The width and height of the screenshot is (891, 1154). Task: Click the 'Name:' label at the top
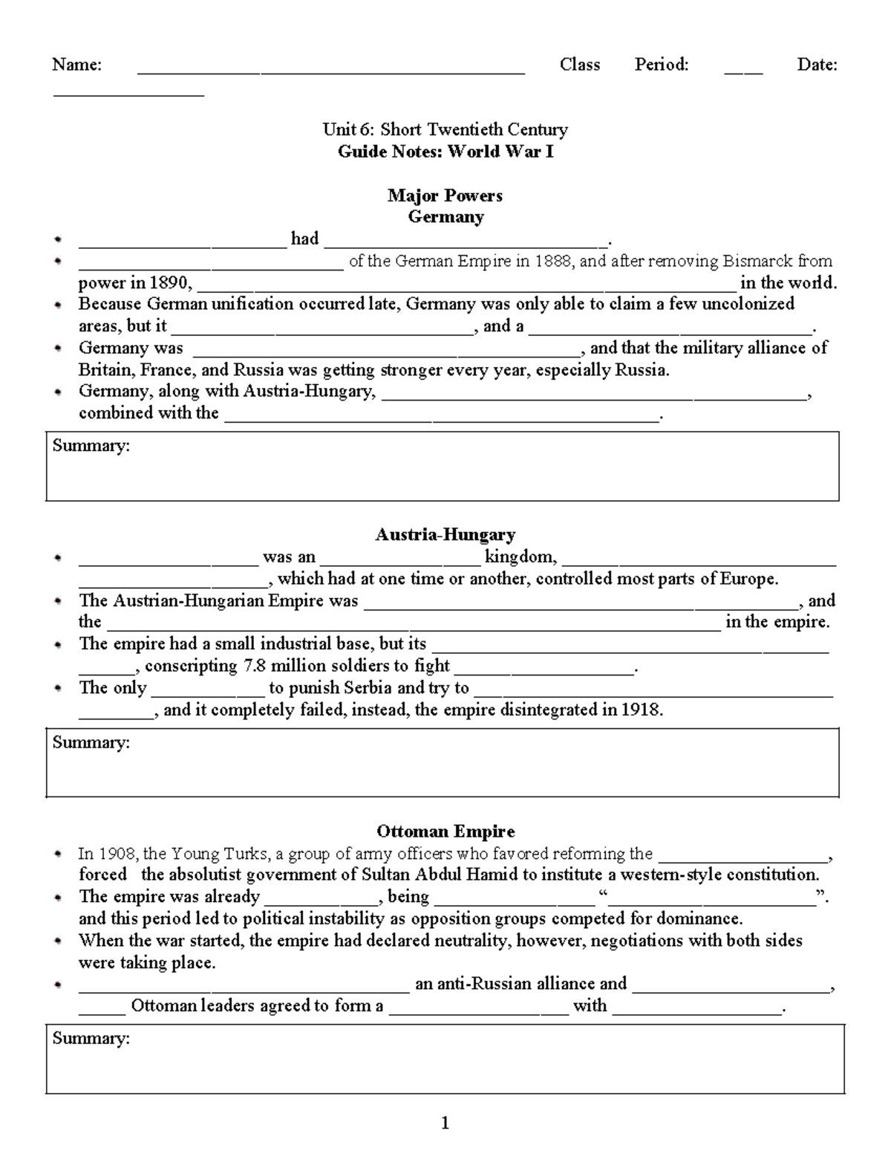76,65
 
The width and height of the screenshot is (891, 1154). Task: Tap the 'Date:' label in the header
817,65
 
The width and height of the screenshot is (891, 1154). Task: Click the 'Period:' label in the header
662,65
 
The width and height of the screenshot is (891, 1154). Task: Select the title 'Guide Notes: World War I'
446,152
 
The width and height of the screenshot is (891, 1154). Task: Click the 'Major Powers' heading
445,195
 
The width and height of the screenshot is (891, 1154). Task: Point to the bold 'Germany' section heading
446,217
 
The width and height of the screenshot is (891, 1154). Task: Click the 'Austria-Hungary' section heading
446,534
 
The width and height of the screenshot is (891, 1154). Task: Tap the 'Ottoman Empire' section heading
446,831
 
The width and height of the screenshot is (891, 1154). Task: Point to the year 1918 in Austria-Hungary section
640,710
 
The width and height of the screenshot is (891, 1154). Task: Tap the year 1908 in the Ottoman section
117,853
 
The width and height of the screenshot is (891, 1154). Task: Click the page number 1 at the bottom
445,1123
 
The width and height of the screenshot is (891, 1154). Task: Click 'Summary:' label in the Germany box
91,446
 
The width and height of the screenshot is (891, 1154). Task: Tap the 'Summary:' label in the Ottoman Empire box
91,1038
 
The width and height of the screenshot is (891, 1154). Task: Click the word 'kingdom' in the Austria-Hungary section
520,557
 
